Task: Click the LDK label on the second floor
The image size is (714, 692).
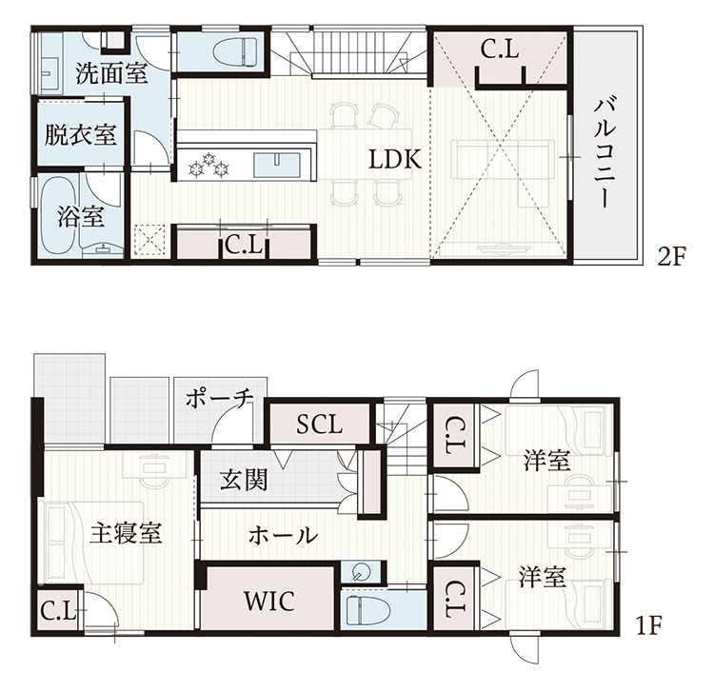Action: click(x=394, y=159)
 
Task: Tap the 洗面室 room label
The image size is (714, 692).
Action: click(x=111, y=73)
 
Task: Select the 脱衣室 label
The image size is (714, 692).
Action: click(x=80, y=134)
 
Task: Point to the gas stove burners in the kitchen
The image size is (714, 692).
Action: click(x=208, y=164)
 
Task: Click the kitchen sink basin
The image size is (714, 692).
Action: click(x=277, y=165)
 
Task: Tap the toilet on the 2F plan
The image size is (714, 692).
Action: click(x=234, y=51)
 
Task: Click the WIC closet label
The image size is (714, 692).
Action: click(x=269, y=601)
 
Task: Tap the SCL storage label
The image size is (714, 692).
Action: click(x=319, y=425)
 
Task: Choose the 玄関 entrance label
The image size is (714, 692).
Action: click(x=244, y=480)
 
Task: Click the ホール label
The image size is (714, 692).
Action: click(x=284, y=535)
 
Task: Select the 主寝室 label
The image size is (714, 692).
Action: click(x=126, y=532)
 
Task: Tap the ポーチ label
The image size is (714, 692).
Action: click(x=219, y=399)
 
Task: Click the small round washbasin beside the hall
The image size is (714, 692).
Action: click(x=361, y=573)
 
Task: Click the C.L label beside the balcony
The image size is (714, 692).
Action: click(x=500, y=49)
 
